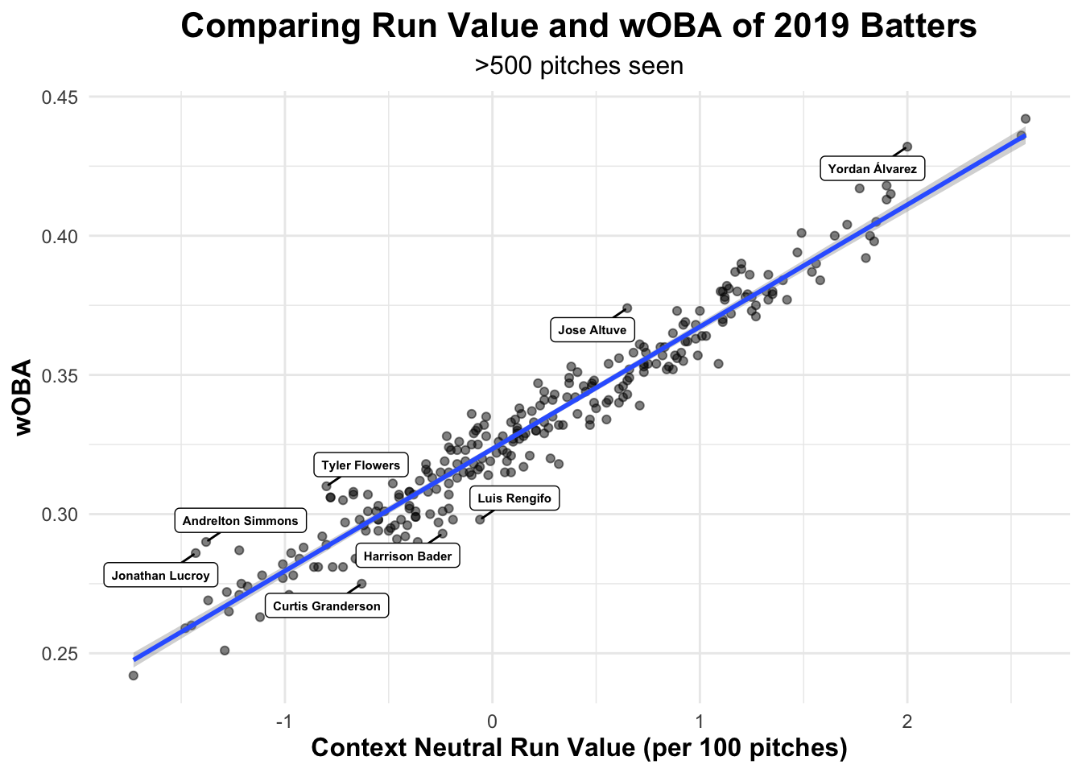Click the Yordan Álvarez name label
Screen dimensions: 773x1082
click(x=872, y=169)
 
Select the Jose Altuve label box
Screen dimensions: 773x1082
click(x=593, y=330)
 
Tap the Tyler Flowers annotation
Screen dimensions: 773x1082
click(x=361, y=465)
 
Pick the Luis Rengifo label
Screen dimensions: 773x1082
click(x=514, y=498)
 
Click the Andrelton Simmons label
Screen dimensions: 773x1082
click(x=241, y=521)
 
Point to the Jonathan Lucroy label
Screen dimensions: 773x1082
click(x=161, y=576)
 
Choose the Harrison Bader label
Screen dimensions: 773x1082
click(x=408, y=556)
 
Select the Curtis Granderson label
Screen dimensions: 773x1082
click(x=327, y=606)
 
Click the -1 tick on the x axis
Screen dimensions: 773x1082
click(x=283, y=721)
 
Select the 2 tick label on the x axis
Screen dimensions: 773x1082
click(x=907, y=721)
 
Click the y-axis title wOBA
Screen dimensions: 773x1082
click(x=24, y=397)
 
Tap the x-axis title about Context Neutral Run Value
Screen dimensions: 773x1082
click(x=579, y=748)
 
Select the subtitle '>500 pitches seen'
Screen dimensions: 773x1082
click(x=579, y=66)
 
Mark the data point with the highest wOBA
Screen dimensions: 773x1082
click(x=1025, y=118)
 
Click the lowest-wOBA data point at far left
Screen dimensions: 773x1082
click(x=134, y=676)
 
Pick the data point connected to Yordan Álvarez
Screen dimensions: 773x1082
click(x=907, y=147)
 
